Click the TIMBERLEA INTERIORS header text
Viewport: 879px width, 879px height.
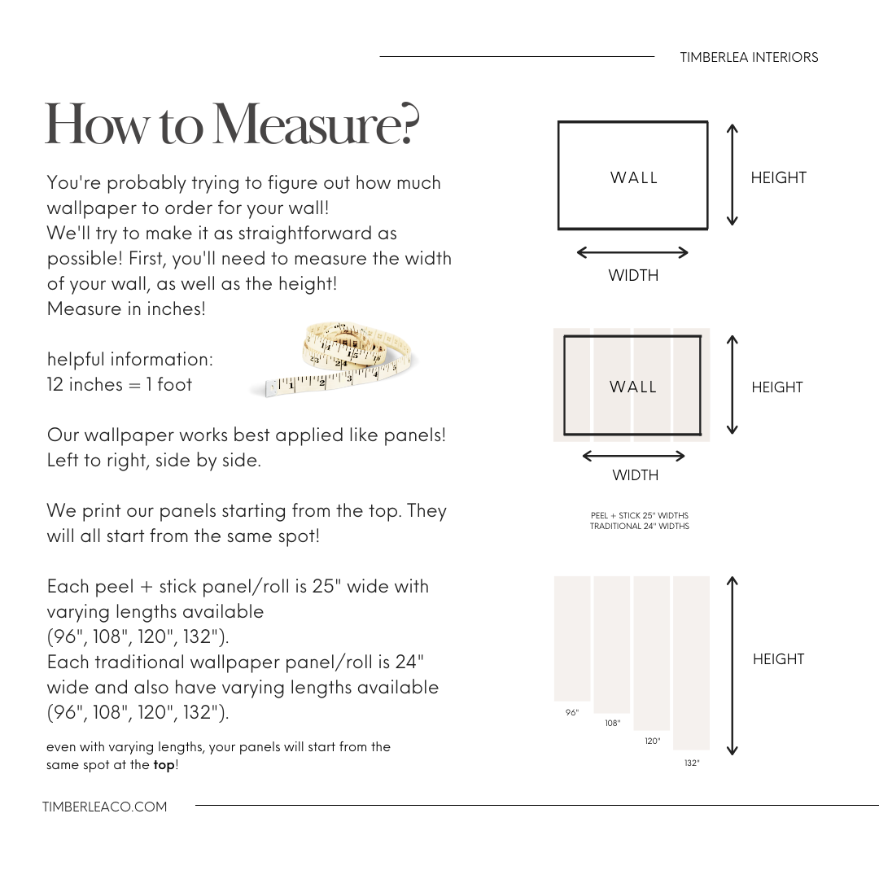(749, 57)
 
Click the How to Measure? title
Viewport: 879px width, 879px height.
(232, 125)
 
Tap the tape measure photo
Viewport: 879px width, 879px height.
(334, 359)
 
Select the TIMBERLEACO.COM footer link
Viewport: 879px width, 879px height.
(105, 807)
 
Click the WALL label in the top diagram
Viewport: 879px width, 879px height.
(634, 177)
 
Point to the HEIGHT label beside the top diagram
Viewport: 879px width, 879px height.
(778, 177)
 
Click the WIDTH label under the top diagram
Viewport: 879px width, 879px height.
(633, 275)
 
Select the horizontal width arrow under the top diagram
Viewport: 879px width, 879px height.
(632, 252)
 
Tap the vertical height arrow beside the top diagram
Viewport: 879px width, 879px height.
(732, 174)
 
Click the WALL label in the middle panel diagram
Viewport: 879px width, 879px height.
(633, 387)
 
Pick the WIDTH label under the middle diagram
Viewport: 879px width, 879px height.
(635, 474)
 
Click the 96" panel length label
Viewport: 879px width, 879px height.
(572, 712)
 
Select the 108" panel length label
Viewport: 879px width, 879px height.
(612, 723)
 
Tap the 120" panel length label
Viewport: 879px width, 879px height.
(653, 741)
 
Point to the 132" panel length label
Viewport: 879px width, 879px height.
(692, 763)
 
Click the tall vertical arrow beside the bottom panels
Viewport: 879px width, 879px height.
(732, 666)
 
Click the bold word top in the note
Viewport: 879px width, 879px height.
(164, 765)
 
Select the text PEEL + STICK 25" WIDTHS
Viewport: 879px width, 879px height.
(640, 515)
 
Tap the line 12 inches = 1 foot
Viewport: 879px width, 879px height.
(120, 384)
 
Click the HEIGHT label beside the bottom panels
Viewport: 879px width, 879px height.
(778, 659)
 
